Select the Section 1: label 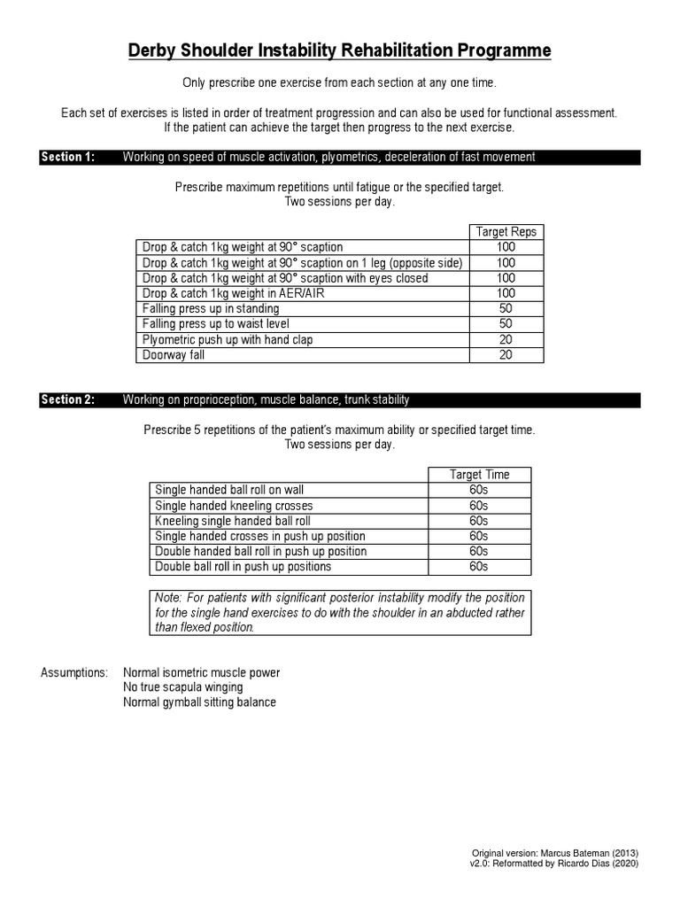(67, 158)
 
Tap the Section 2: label (67, 400)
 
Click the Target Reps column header (506, 232)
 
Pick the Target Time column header (479, 475)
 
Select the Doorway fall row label (176, 355)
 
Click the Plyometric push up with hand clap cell (228, 339)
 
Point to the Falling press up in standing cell (211, 309)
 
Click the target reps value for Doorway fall (506, 355)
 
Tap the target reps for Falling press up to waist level (506, 324)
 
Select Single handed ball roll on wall (229, 490)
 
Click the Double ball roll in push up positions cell (243, 567)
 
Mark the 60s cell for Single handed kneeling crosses (479, 506)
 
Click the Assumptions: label (74, 673)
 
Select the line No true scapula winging (183, 687)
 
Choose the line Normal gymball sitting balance (200, 702)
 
